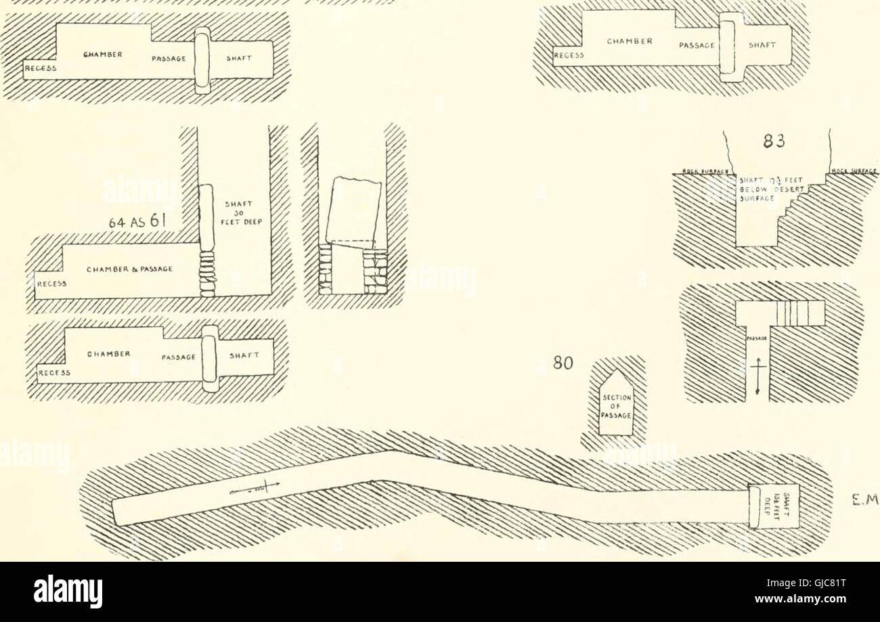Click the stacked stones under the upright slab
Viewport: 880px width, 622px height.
[x=207, y=273]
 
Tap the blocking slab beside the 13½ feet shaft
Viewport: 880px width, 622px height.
[x=755, y=505]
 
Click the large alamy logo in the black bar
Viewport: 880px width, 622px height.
[x=68, y=592]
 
